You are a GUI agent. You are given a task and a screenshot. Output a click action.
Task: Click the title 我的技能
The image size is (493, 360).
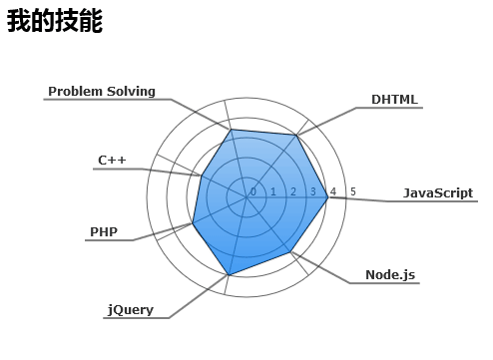(55, 22)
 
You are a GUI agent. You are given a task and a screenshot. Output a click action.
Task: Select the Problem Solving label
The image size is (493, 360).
(102, 92)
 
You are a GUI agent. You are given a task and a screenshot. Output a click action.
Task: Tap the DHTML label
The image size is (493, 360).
(394, 100)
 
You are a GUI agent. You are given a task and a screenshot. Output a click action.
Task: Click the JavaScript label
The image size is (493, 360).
(437, 192)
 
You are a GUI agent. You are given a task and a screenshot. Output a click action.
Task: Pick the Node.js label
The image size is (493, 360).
(389, 274)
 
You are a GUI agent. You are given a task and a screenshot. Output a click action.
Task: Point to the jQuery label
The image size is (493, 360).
(131, 309)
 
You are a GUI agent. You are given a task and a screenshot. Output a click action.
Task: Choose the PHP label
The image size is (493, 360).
(104, 232)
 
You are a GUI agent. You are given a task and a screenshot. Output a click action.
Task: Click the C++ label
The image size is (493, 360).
(112, 160)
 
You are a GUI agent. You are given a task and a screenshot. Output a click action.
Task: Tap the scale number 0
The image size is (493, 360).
(253, 191)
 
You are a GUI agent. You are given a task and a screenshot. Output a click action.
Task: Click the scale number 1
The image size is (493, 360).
(273, 191)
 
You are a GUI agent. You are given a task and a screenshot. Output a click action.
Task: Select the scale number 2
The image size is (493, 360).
(293, 191)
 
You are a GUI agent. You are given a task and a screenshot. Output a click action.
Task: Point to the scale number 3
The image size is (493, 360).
(312, 191)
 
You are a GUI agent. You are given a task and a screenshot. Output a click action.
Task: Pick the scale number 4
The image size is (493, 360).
(332, 191)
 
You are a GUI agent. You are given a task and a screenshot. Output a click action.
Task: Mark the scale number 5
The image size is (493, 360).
(352, 191)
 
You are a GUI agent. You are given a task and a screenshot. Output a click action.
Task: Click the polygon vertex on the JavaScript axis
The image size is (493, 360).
(328, 198)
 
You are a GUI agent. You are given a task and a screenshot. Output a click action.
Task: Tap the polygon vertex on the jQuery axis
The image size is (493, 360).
(230, 274)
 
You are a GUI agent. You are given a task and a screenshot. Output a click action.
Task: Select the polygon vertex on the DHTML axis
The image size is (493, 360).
(296, 135)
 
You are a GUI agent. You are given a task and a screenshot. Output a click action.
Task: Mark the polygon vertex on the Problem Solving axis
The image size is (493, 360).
(231, 130)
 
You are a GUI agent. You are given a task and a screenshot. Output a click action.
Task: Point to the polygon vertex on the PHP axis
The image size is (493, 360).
(193, 222)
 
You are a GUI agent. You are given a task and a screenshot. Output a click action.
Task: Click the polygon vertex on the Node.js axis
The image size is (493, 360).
(291, 252)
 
